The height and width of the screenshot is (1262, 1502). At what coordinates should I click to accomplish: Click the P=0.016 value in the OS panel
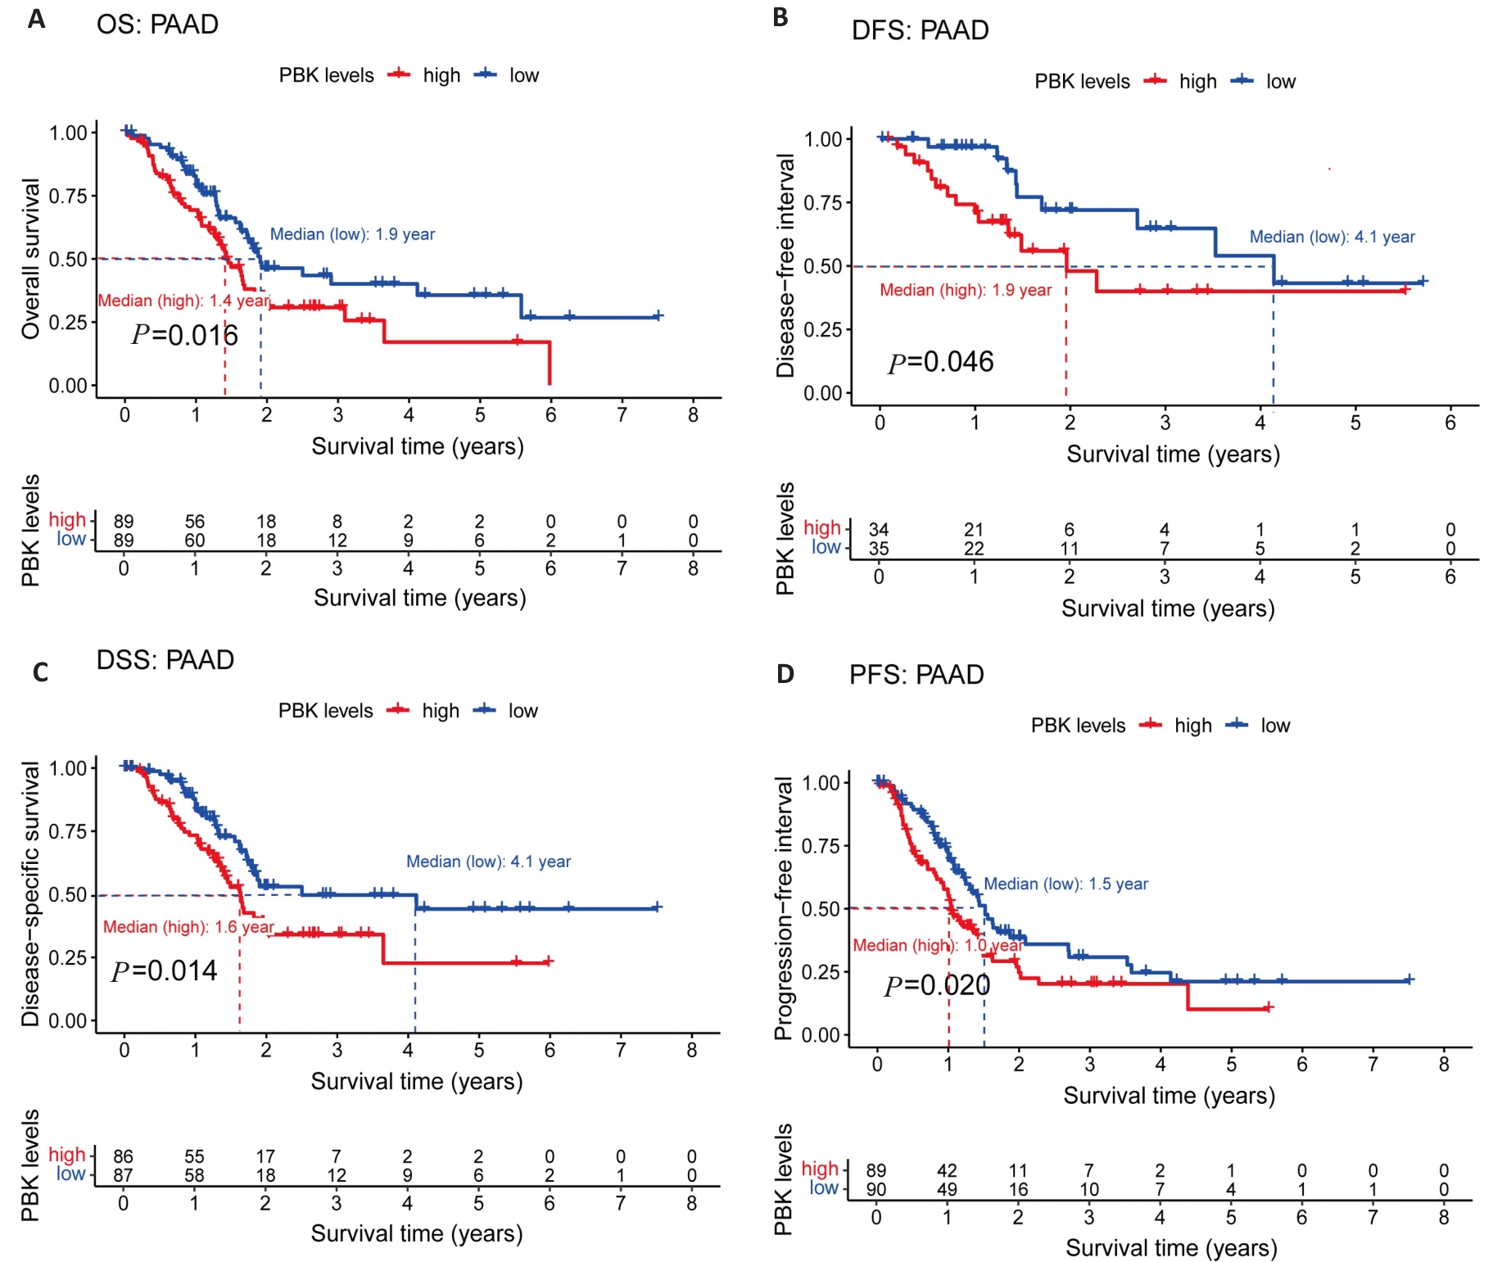pos(184,335)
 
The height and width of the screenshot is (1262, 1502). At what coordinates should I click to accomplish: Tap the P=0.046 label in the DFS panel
pos(940,362)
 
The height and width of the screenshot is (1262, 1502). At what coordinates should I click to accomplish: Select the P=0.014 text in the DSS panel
pos(164,970)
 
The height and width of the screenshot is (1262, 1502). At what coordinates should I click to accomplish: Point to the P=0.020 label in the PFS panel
pos(937,985)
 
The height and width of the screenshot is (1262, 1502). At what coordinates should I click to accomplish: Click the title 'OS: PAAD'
pos(157,25)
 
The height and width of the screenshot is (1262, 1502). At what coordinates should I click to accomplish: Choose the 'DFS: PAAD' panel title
pos(920,30)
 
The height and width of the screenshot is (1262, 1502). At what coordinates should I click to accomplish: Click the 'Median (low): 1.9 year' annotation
pos(352,234)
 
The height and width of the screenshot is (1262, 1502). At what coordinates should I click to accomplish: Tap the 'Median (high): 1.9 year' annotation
pos(966,290)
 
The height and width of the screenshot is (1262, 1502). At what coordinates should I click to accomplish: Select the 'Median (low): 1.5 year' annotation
pos(1065,884)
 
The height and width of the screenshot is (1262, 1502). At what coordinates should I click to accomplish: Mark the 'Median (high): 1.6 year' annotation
pos(188,926)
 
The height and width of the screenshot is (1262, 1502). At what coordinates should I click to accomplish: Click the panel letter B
pos(780,17)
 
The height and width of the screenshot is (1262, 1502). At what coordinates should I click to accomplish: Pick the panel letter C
pos(40,672)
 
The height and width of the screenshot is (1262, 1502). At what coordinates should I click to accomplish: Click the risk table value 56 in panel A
pos(195,522)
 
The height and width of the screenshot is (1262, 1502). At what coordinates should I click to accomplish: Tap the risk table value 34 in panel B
pos(879,530)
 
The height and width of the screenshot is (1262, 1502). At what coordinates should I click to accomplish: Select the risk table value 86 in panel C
pos(123,1156)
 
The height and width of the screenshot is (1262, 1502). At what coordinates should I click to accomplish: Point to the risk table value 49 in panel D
pos(947,1189)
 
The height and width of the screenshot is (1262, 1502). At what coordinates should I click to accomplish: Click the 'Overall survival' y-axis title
pos(30,259)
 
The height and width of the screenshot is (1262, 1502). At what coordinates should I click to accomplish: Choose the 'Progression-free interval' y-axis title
pos(784,908)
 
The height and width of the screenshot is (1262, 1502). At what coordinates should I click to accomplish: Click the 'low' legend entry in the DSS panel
pos(523,711)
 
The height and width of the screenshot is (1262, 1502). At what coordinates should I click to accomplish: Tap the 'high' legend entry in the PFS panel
pos(1192,726)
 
